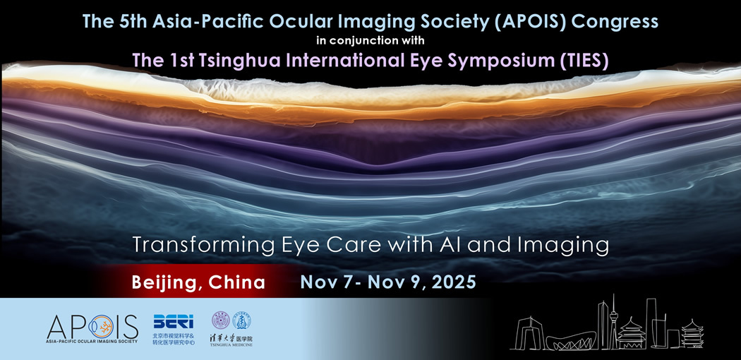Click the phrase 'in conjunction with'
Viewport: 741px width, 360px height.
[x=371, y=40]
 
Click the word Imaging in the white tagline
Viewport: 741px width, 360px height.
[x=573, y=245]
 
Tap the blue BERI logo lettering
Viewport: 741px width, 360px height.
[x=173, y=321]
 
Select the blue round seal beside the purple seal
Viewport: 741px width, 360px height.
[x=241, y=320]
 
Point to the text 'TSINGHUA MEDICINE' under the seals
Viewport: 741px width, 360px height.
[x=231, y=345]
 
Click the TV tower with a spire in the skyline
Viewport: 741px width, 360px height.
[x=614, y=321]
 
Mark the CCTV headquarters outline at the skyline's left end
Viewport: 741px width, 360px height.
[x=530, y=332]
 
